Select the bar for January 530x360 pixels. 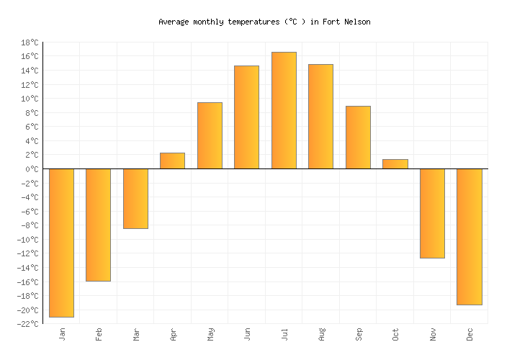[x=61, y=243]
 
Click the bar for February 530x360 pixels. [x=98, y=225]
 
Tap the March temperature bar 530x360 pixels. [x=135, y=199]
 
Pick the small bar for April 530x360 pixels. [x=172, y=161]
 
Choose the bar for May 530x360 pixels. [x=210, y=135]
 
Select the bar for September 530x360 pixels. [x=358, y=137]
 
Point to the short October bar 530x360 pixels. [x=395, y=164]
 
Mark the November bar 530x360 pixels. [x=432, y=213]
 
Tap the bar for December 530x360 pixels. [x=469, y=237]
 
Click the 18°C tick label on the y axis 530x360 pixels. [x=29, y=42]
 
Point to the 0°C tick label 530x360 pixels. [x=31, y=169]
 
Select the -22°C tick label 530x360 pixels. [x=27, y=324]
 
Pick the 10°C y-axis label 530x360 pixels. [x=29, y=99]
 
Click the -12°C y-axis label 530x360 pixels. [x=27, y=253]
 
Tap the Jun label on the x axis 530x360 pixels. [x=247, y=334]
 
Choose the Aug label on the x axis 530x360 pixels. [x=321, y=334]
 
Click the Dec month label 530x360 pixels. [x=470, y=334]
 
